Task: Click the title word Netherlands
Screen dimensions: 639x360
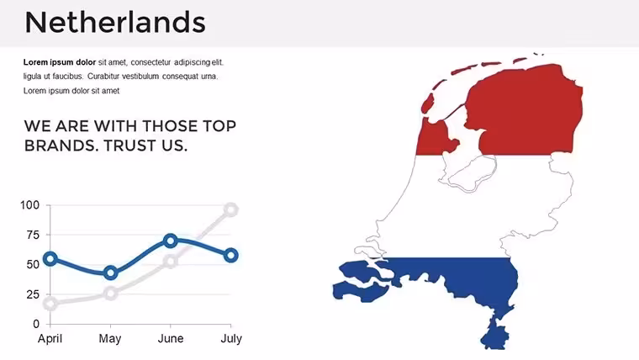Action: [115, 22]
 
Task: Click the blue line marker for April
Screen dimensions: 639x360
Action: [50, 258]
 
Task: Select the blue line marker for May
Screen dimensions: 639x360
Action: [110, 273]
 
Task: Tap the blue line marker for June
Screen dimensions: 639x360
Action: [171, 241]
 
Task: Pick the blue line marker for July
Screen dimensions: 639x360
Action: [231, 255]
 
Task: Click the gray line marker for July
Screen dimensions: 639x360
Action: [231, 210]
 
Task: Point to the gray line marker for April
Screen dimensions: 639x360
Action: [50, 304]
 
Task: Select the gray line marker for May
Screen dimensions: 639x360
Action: [110, 293]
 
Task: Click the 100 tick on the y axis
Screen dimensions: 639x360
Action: [29, 205]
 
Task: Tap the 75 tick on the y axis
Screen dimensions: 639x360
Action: [33, 235]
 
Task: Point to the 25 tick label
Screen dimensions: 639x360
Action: [33, 294]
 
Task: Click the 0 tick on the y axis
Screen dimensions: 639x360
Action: [36, 324]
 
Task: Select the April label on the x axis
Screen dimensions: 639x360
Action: [50, 339]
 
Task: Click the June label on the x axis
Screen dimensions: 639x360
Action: [171, 339]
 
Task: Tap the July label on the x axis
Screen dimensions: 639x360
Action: [231, 339]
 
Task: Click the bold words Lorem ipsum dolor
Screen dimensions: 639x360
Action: [60, 62]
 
